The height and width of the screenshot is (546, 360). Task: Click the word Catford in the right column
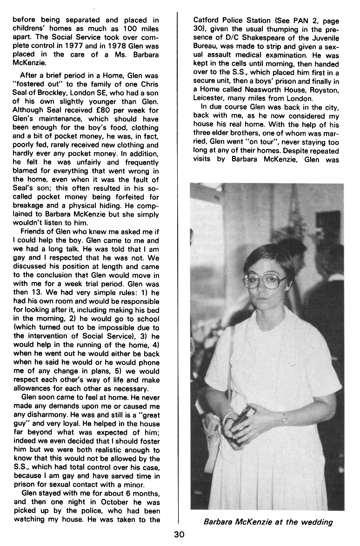207,20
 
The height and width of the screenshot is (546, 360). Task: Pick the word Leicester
210,99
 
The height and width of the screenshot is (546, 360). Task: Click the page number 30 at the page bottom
180,535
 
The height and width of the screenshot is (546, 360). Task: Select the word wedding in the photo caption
318,522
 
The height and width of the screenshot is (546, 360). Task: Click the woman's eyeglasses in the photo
265,281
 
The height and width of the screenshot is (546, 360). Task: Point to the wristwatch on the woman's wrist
285,419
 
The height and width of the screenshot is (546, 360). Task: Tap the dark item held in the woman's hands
244,418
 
